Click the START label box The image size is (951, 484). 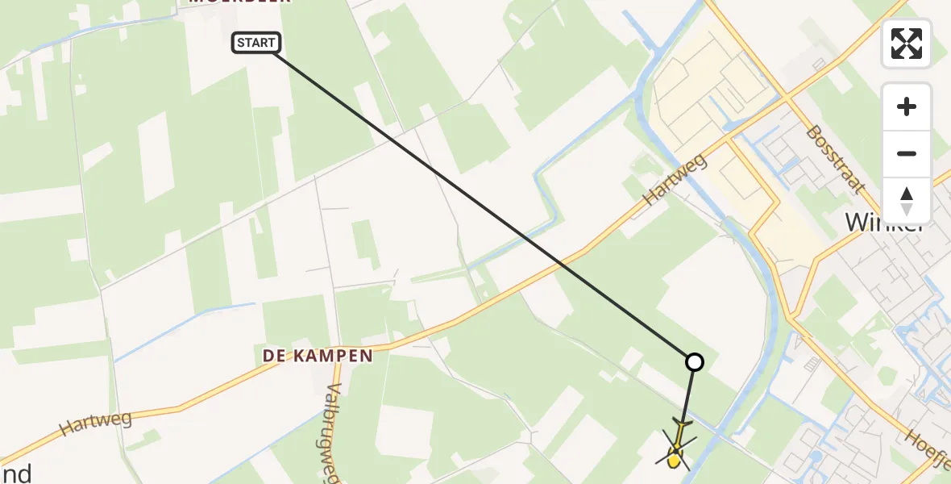pos(256,43)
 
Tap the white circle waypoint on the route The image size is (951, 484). pos(694,362)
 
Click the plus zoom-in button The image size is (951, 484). pos(907,107)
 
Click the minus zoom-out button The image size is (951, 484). pos(907,153)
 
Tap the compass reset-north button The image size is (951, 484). pos(907,201)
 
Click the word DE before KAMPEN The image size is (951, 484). pos(276,356)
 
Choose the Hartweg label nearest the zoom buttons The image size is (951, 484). pos(675,180)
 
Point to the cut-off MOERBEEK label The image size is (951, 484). pos(239,2)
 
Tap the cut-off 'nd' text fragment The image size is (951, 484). pos(16,473)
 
